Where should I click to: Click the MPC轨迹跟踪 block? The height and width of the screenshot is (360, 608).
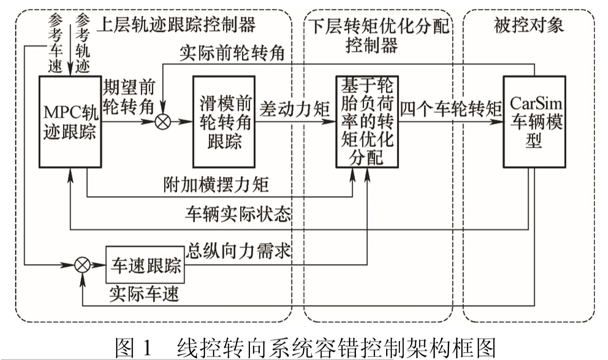click(x=70, y=122)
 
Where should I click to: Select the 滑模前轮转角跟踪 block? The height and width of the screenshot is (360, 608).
click(x=224, y=122)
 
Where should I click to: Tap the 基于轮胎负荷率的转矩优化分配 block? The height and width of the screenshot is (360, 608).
click(x=367, y=122)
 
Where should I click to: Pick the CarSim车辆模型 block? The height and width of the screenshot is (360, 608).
click(x=534, y=122)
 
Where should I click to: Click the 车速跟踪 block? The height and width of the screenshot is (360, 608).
click(x=145, y=265)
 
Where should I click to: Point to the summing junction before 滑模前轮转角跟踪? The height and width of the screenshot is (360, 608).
click(x=163, y=121)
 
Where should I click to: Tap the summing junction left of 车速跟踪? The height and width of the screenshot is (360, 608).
click(x=82, y=265)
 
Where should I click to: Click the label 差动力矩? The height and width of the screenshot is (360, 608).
click(x=295, y=109)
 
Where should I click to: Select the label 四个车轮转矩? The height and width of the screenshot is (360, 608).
click(x=451, y=109)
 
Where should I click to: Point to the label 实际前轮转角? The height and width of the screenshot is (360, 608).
click(x=232, y=53)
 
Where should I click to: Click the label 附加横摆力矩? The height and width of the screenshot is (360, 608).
click(x=216, y=185)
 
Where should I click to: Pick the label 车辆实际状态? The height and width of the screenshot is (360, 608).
click(x=238, y=214)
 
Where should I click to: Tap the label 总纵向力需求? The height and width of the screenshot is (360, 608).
click(x=239, y=250)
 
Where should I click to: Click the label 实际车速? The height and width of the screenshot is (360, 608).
click(x=144, y=294)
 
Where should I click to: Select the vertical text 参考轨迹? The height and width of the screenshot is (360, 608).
click(x=83, y=43)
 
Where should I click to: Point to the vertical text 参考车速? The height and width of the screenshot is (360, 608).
click(x=56, y=43)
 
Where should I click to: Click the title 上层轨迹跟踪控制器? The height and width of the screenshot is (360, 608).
click(x=176, y=25)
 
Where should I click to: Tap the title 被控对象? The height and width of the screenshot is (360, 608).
click(x=529, y=25)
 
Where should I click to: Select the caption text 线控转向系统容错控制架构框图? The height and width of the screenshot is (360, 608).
click(x=336, y=348)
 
